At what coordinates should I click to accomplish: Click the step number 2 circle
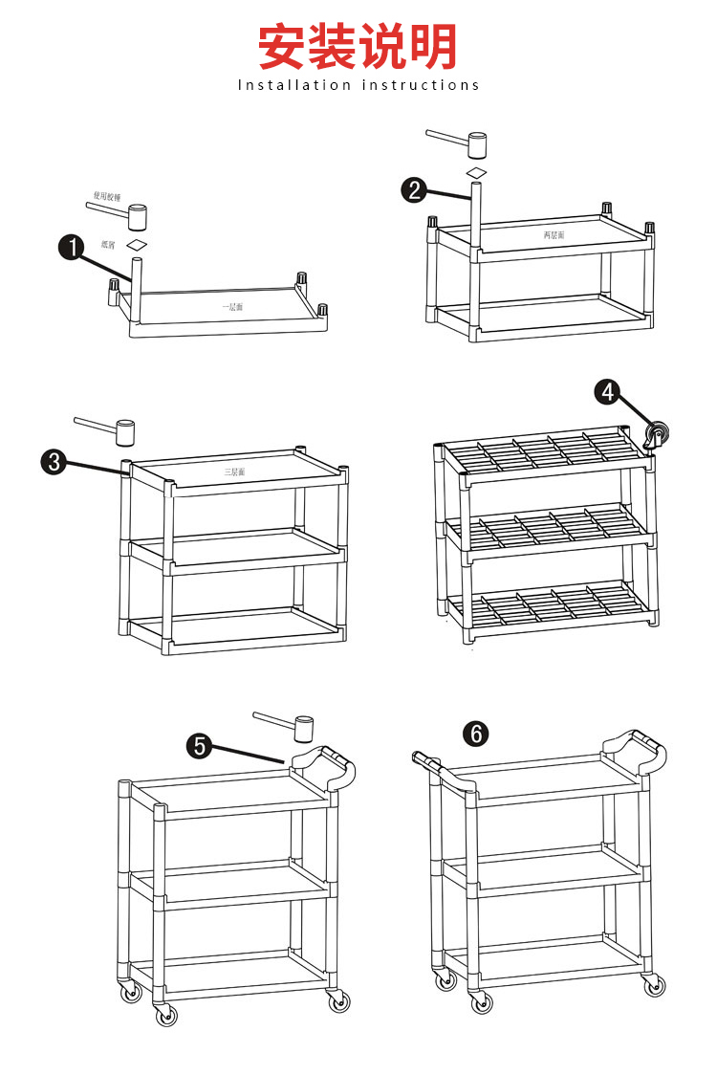click(414, 189)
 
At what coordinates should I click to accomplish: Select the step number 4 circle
click(608, 391)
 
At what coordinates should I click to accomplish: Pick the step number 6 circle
click(475, 734)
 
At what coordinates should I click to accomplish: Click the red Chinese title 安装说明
click(358, 47)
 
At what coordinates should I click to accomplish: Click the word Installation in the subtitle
click(294, 85)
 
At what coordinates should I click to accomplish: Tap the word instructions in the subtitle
click(421, 85)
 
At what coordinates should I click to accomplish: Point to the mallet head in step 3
click(124, 433)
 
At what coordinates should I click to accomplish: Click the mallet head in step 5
click(304, 728)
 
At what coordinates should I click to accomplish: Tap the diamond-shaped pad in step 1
click(139, 245)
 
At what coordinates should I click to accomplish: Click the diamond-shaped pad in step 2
click(476, 172)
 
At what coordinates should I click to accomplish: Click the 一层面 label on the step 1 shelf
click(233, 307)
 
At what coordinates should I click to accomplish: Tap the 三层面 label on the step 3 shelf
click(235, 472)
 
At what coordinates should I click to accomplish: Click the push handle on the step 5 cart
click(324, 765)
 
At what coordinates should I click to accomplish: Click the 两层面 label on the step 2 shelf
click(554, 234)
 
